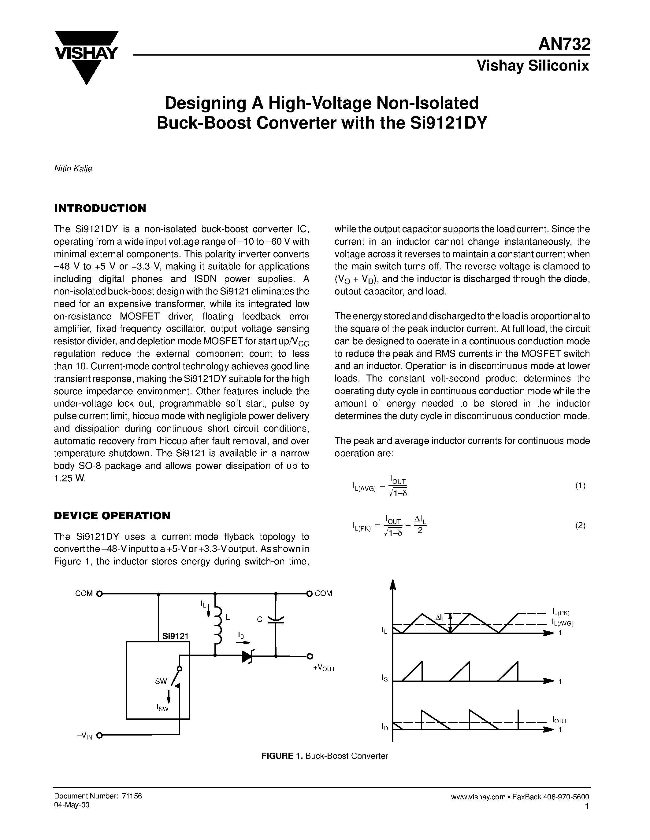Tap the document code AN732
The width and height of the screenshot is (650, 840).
pos(564,45)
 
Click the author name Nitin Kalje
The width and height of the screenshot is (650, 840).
pos(73,169)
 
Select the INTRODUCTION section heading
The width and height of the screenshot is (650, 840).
pos(100,208)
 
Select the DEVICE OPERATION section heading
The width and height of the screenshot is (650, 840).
pos(112,516)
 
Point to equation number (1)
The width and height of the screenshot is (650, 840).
pos(580,485)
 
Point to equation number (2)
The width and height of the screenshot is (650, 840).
pos(580,525)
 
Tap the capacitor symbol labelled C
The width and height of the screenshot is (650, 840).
pos(275,619)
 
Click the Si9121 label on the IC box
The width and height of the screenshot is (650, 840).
pos(175,636)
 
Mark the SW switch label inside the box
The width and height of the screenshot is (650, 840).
pos(161,681)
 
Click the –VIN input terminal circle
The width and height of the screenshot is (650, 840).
pos(99,736)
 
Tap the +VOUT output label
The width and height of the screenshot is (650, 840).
pos(324,668)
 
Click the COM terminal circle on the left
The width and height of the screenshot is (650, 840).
pos(99,593)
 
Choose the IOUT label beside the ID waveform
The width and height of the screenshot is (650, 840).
pos(559,720)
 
